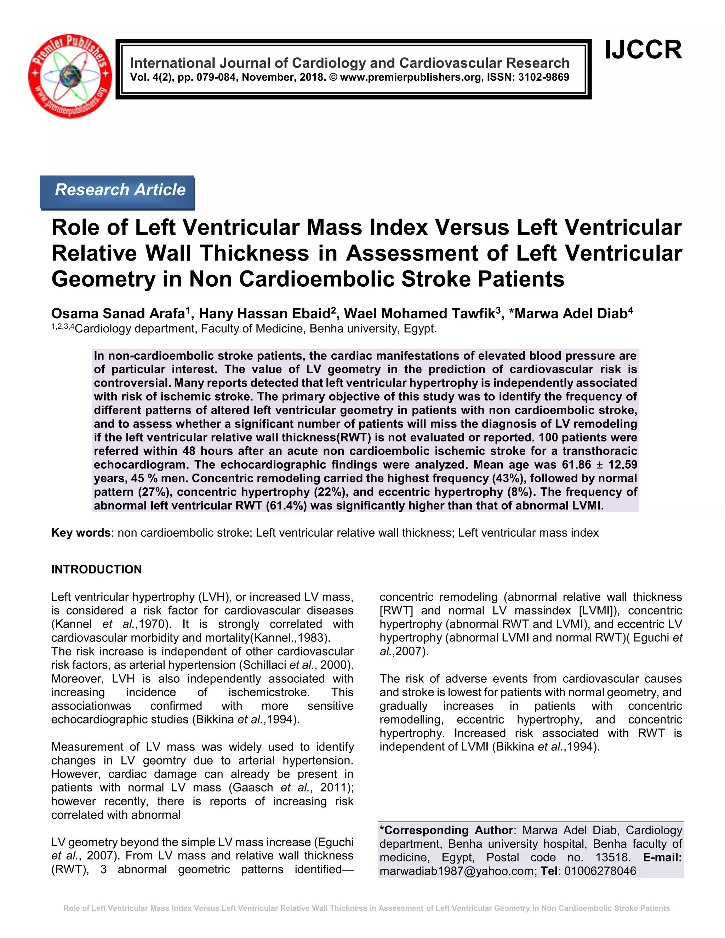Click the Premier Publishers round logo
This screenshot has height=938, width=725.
coord(70,76)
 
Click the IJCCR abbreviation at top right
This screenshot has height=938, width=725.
coord(643,50)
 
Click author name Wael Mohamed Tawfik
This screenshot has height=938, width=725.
coord(419,314)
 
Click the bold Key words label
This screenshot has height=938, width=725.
coord(81,533)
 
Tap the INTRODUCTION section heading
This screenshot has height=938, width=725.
coord(96,570)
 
